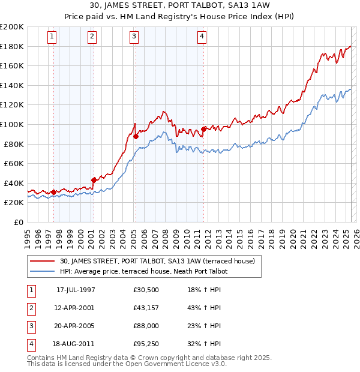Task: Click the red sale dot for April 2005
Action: pyautogui.click(x=136, y=136)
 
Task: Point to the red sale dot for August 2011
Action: pyautogui.click(x=203, y=129)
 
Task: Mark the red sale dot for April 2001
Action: pyautogui.click(x=94, y=180)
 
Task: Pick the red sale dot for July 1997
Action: pyautogui.click(x=54, y=192)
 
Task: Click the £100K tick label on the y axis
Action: pyautogui.click(x=12, y=124)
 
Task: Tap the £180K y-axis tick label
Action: pyautogui.click(x=12, y=46)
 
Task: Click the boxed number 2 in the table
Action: pyautogui.click(x=31, y=308)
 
